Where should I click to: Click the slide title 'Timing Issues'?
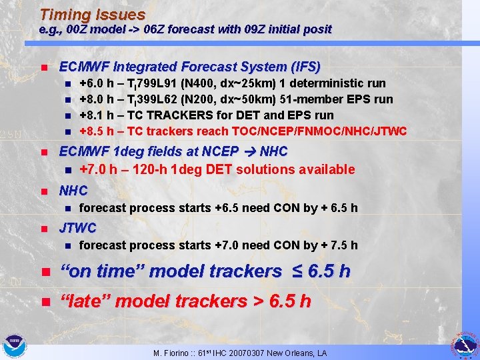coord(92,14)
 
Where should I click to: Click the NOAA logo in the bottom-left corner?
coord(14,346)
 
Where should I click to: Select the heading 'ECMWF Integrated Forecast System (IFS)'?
coord(190,67)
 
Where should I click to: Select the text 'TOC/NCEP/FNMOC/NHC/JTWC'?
coord(333,131)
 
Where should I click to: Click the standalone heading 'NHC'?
coord(74,191)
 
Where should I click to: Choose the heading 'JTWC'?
coord(78,228)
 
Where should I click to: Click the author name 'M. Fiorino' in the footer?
coord(170,353)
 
